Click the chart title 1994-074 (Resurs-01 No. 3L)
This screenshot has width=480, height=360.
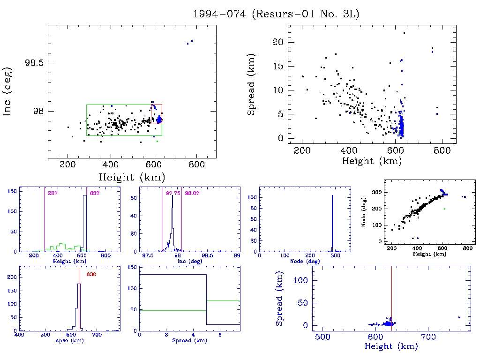click(276, 14)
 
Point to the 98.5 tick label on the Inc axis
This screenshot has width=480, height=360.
click(35, 63)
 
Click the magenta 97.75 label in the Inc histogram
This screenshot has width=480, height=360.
click(172, 193)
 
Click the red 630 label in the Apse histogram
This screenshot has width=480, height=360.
click(91, 274)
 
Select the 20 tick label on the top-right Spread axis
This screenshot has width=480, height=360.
click(277, 42)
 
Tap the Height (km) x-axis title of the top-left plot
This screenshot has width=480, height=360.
click(132, 177)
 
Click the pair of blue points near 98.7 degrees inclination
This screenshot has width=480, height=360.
click(189, 42)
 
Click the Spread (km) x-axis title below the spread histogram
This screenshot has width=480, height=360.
click(189, 341)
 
